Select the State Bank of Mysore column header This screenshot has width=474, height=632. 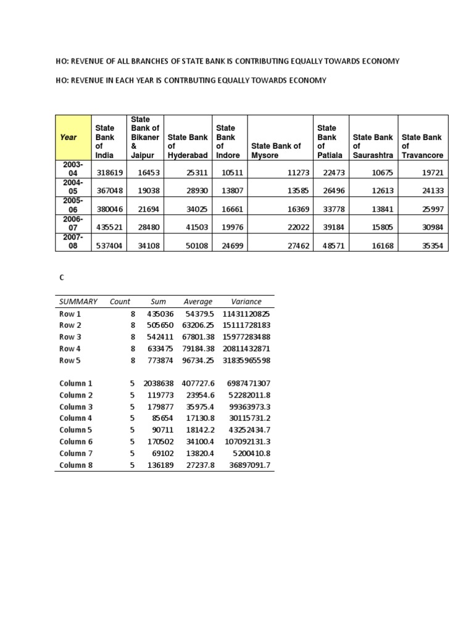point(276,146)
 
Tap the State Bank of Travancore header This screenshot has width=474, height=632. point(422,146)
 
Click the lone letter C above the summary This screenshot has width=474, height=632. point(62,278)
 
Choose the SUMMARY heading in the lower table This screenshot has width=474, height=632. point(78,302)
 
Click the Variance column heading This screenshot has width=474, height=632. point(246,302)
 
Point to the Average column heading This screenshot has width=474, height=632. point(198,302)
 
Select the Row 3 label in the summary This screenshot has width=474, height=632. point(70,337)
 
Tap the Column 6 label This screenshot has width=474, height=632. point(76,441)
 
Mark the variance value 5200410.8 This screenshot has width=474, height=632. point(249,453)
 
